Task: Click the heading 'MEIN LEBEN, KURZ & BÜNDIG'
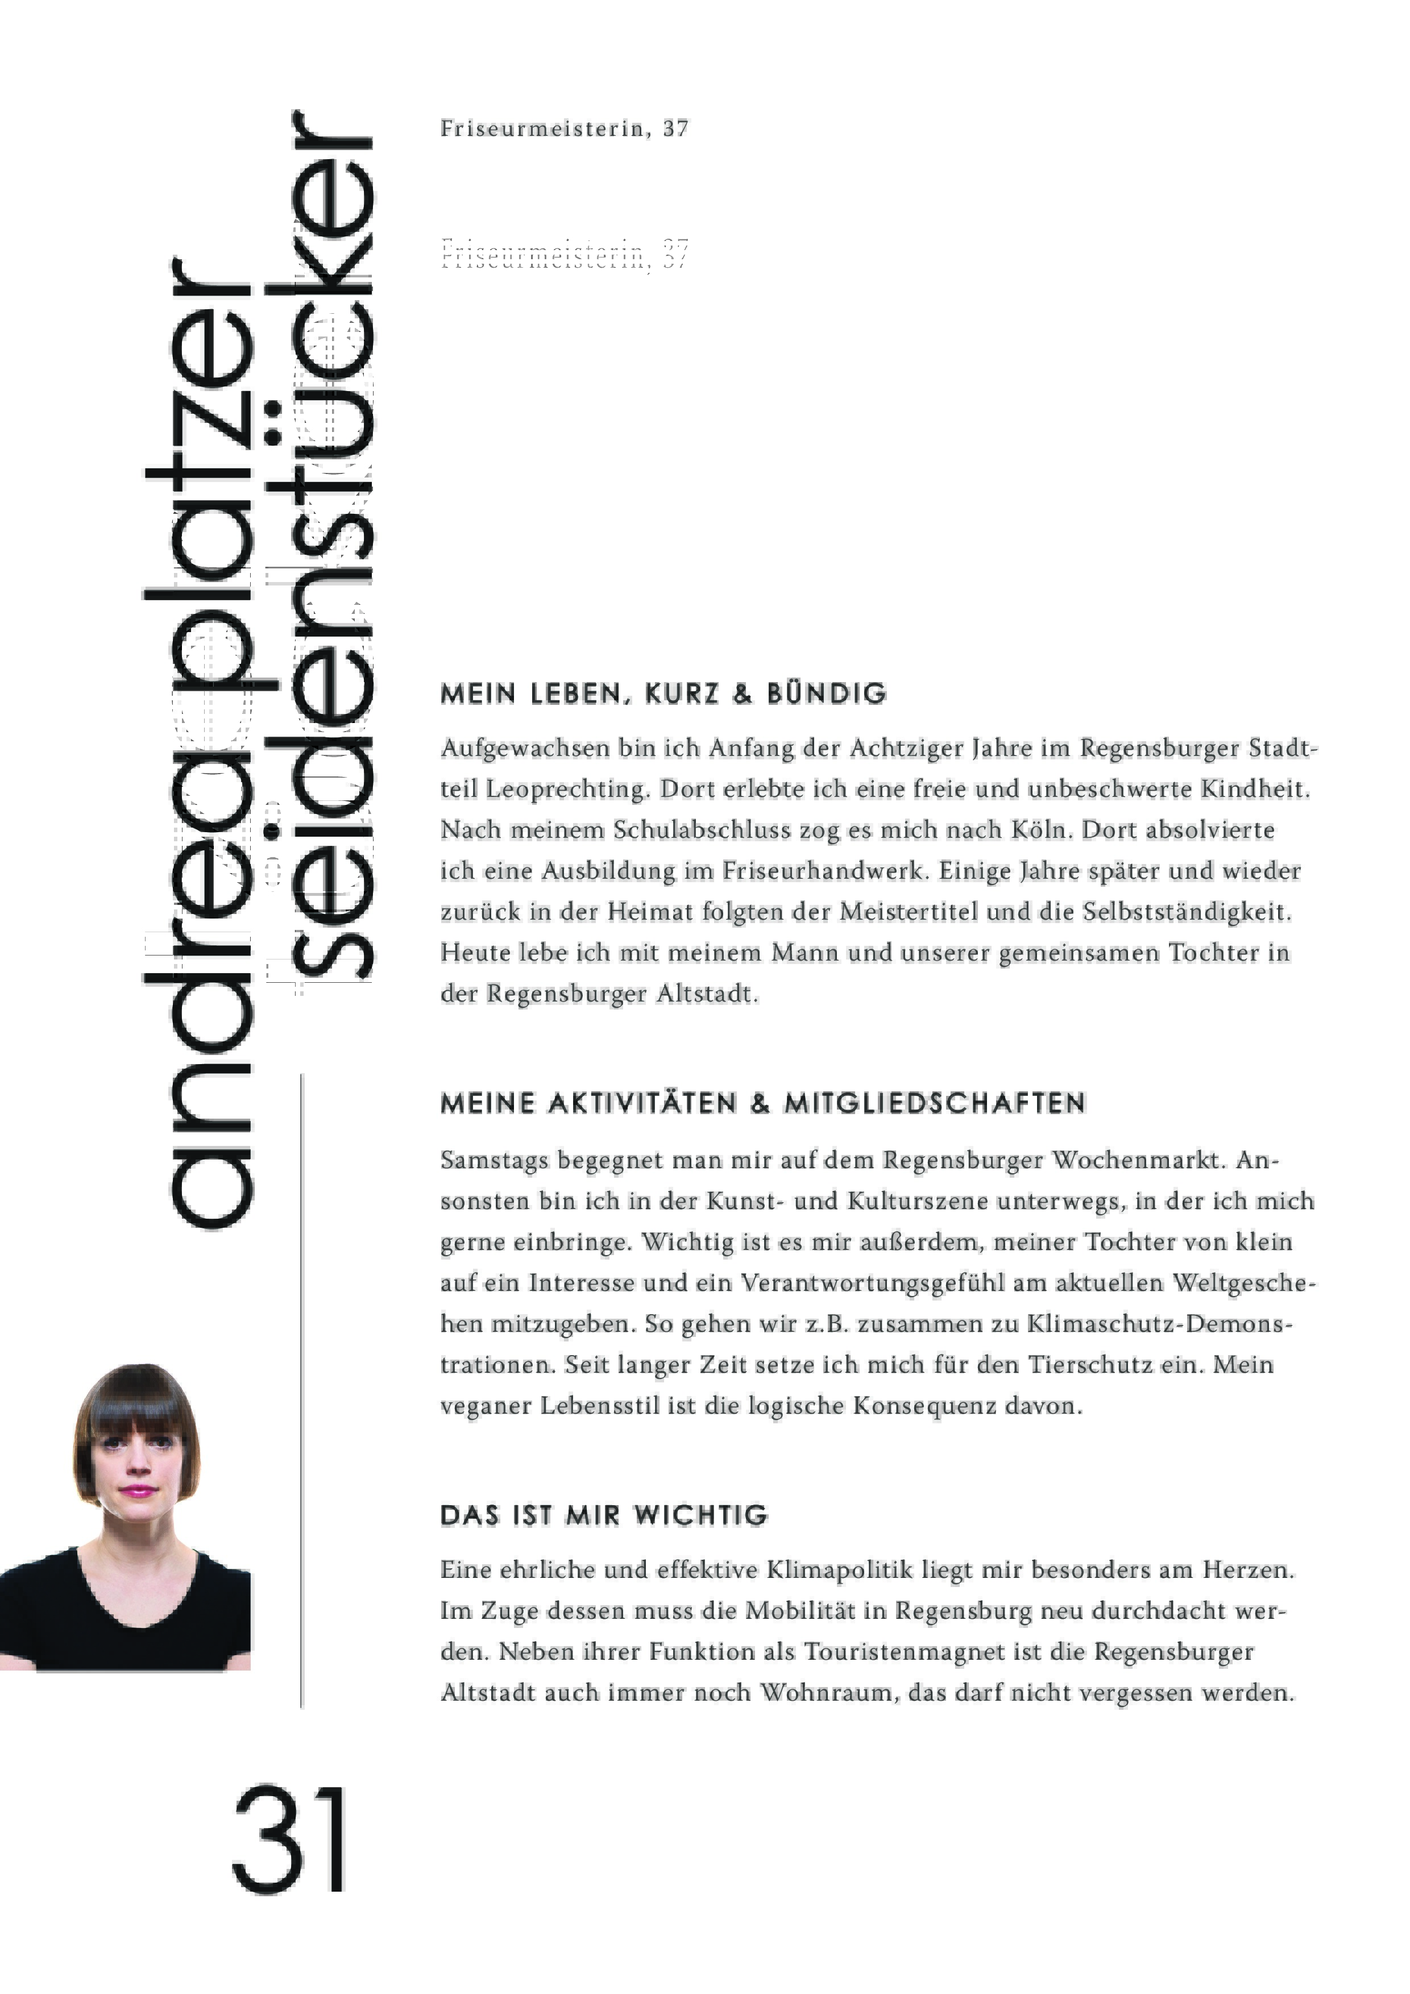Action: point(663,694)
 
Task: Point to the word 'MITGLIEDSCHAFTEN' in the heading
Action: point(935,1104)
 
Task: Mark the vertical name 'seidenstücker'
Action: point(330,556)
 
